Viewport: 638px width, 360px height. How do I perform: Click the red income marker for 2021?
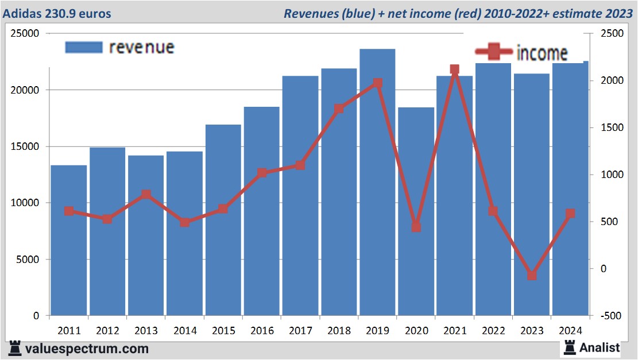point(454,69)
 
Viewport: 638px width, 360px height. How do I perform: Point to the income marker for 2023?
point(532,276)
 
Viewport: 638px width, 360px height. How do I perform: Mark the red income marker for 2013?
point(146,194)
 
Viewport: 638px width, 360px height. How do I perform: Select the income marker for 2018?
point(339,108)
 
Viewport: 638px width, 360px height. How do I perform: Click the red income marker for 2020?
point(416,227)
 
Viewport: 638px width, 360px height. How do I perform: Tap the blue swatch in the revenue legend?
point(84,47)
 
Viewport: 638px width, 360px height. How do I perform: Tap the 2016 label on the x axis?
point(262,331)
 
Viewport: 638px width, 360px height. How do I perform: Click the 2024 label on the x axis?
point(570,331)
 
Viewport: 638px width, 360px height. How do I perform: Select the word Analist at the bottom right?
point(600,347)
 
